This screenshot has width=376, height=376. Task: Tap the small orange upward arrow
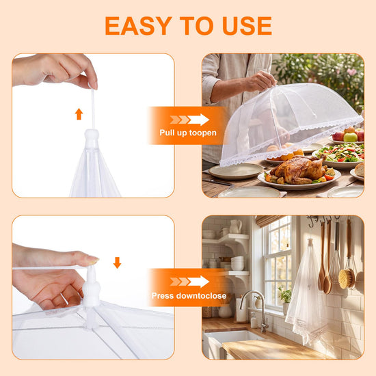click(79, 114)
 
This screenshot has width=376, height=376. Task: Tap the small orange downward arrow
click(117, 263)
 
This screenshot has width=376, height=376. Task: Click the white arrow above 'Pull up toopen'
click(198, 120)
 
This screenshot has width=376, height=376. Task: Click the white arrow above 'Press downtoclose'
click(198, 282)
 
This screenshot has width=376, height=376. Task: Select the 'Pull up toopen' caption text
click(188, 133)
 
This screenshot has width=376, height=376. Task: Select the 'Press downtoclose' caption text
click(189, 295)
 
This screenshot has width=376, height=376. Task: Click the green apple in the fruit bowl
click(350, 137)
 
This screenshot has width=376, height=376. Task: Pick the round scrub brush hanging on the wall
click(347, 278)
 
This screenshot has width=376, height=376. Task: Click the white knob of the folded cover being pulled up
click(92, 139)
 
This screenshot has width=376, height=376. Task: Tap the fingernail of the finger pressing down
click(92, 260)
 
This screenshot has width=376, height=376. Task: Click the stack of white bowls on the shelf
click(237, 263)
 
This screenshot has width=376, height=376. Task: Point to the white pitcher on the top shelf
click(235, 226)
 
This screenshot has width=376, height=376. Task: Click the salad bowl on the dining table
click(338, 156)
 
